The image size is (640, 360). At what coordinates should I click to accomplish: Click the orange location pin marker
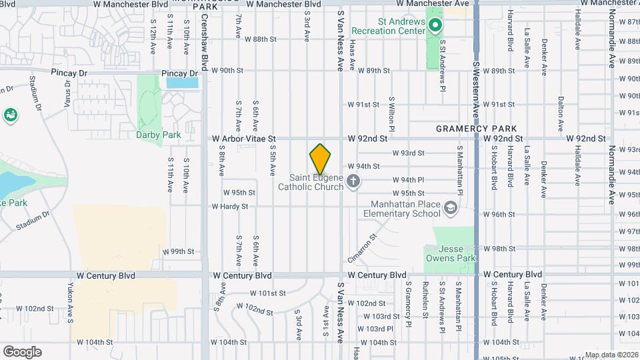[320, 159]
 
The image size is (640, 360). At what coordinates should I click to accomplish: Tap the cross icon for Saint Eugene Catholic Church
[353, 180]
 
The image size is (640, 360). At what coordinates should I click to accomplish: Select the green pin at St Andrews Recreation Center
[435, 27]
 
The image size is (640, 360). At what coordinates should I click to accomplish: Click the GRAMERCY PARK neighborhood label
[476, 128]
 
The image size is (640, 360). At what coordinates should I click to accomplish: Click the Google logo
[22, 351]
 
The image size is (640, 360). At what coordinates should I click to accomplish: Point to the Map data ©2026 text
[611, 355]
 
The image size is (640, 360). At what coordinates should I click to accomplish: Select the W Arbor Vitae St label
[244, 139]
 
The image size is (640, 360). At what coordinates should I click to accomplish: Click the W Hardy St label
[230, 207]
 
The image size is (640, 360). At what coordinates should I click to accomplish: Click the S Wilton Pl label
[392, 113]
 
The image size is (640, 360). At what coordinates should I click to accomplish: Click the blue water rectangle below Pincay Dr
[182, 83]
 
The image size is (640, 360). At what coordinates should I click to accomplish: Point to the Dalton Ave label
[561, 111]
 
